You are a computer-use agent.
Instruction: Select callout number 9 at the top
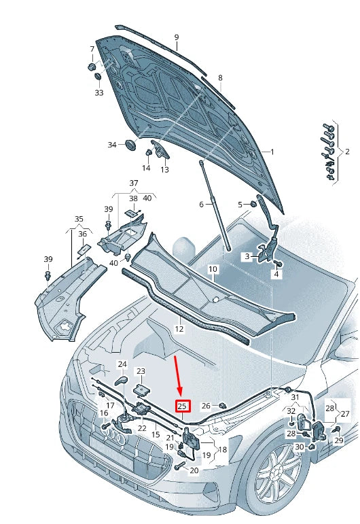(176, 37)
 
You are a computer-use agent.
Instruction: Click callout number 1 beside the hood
(272, 152)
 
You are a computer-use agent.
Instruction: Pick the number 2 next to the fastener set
(348, 151)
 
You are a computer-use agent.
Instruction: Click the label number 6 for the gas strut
(201, 205)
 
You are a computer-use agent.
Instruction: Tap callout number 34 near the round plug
(112, 145)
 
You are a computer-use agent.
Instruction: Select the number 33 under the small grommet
(99, 92)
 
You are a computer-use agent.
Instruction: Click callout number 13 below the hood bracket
(164, 169)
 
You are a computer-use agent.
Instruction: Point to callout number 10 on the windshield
(213, 270)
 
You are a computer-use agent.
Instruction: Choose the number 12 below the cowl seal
(179, 329)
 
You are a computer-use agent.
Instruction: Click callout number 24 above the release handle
(122, 365)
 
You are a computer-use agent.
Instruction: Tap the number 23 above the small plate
(141, 371)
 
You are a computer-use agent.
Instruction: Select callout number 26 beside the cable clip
(206, 406)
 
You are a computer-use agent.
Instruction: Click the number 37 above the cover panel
(134, 184)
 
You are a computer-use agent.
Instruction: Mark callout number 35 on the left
(79, 220)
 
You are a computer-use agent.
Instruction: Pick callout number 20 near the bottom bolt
(194, 470)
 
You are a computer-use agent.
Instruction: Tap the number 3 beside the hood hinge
(248, 256)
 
